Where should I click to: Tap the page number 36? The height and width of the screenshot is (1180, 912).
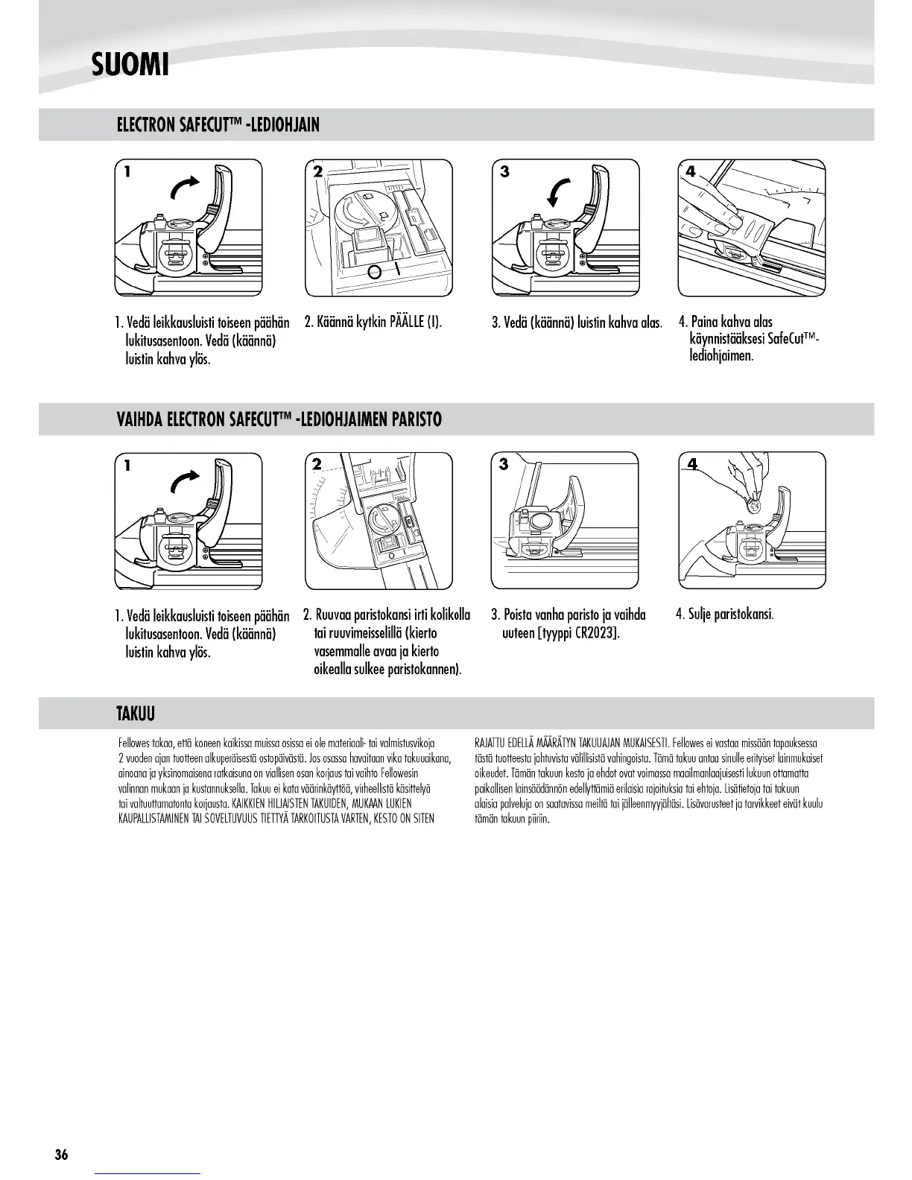[61, 1155]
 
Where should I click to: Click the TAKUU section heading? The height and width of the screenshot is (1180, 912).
[135, 714]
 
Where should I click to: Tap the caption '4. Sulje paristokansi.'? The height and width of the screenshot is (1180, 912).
[725, 615]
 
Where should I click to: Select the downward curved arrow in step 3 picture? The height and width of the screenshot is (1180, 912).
[559, 191]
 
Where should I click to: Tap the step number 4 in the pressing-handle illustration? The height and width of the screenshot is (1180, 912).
[690, 172]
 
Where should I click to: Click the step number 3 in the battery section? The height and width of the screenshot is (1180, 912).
[504, 464]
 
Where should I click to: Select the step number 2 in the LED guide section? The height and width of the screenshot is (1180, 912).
[317, 172]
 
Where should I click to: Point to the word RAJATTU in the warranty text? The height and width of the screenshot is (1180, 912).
[488, 743]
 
